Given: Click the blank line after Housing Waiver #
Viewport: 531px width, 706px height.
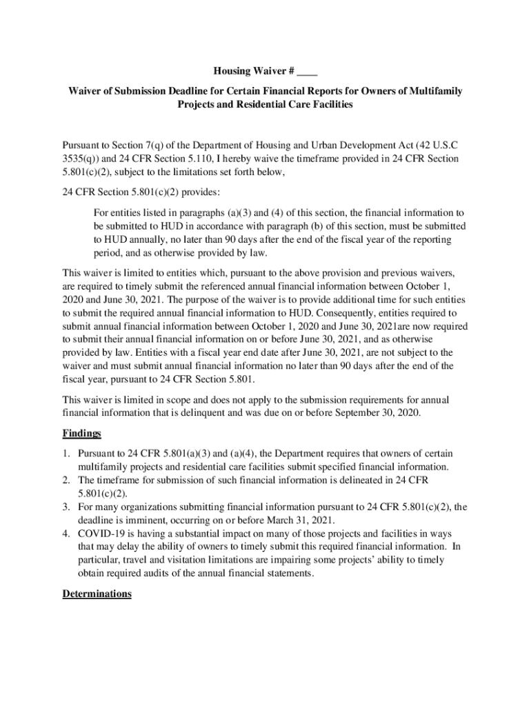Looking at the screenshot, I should coord(309,72).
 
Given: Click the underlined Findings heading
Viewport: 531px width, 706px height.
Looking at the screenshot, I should coord(82,434).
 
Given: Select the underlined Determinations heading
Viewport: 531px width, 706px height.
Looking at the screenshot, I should coord(97,594).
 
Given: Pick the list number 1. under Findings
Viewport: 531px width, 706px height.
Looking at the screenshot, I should coord(66,454).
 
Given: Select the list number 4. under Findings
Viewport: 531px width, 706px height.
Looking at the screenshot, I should coord(66,533).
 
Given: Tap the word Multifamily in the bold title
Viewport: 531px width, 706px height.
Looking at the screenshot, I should coord(438,91).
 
